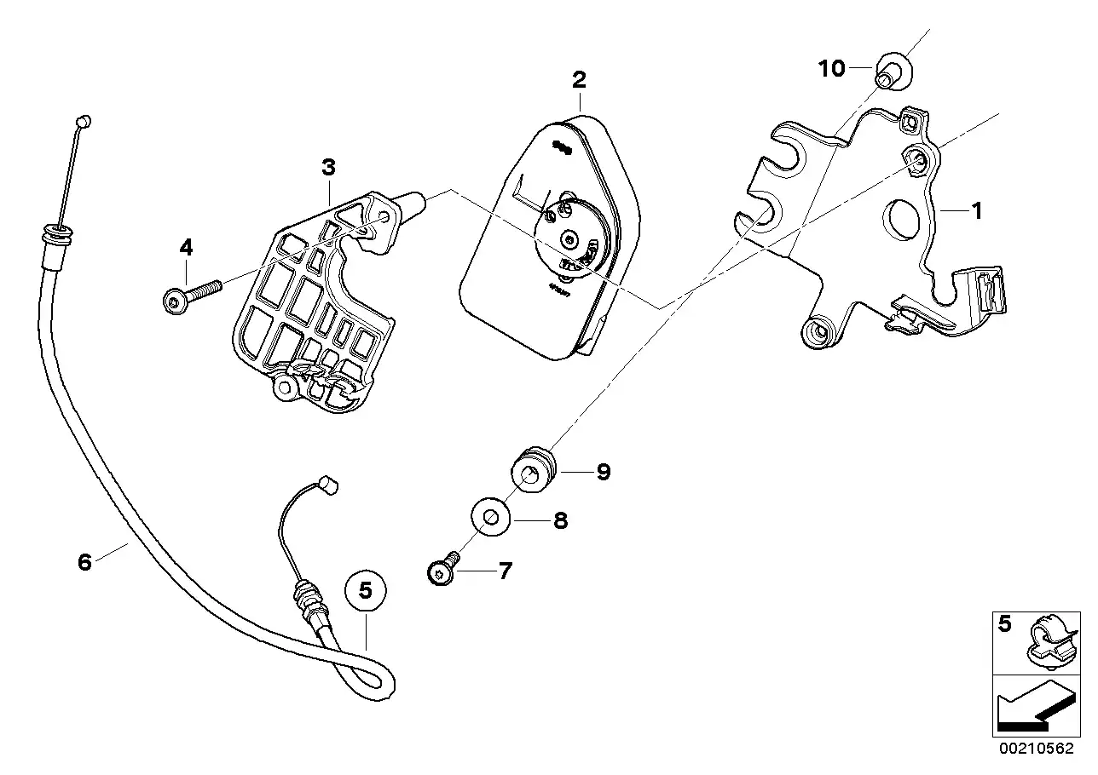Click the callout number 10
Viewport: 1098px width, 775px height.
tap(831, 68)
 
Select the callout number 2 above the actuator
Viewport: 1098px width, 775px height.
tap(579, 80)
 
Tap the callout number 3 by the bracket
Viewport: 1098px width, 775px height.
tap(328, 167)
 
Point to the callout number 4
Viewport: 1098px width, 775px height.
tap(186, 248)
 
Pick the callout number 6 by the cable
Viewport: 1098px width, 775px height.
tap(84, 562)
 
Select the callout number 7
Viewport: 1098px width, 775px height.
tap(506, 570)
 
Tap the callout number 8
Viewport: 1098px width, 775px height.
tap(560, 520)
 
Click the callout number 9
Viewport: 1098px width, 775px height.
tap(604, 471)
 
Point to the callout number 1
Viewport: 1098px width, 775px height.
tap(977, 210)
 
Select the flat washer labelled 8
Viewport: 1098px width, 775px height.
tap(490, 516)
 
